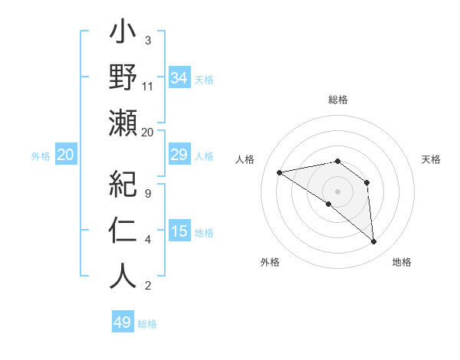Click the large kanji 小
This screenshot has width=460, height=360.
(x=123, y=35)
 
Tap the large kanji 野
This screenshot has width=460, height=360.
(x=123, y=78)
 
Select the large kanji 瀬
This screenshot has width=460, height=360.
(x=123, y=123)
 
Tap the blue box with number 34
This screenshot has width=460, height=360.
(x=179, y=77)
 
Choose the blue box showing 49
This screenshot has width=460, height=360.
(x=123, y=322)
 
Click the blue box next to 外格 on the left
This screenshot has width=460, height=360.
(x=66, y=155)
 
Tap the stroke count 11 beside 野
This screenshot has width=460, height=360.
(x=148, y=87)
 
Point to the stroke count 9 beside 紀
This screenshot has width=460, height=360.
(x=148, y=194)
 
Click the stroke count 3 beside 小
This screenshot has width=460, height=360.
(x=148, y=41)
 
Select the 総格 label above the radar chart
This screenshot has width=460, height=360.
(x=338, y=100)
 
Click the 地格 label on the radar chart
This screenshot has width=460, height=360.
(x=402, y=262)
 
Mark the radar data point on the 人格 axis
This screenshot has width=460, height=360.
(x=280, y=172)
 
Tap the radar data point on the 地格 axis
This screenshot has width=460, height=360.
(x=374, y=242)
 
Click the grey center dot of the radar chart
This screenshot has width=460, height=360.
(x=337, y=191)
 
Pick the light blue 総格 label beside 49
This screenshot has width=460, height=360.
(x=148, y=324)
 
